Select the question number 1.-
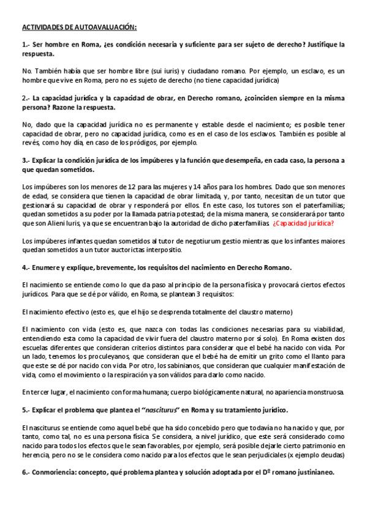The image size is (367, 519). (26, 45)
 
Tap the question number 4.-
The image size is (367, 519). (26, 267)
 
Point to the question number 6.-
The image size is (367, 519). (26, 473)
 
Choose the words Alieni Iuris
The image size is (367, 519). (72, 224)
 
